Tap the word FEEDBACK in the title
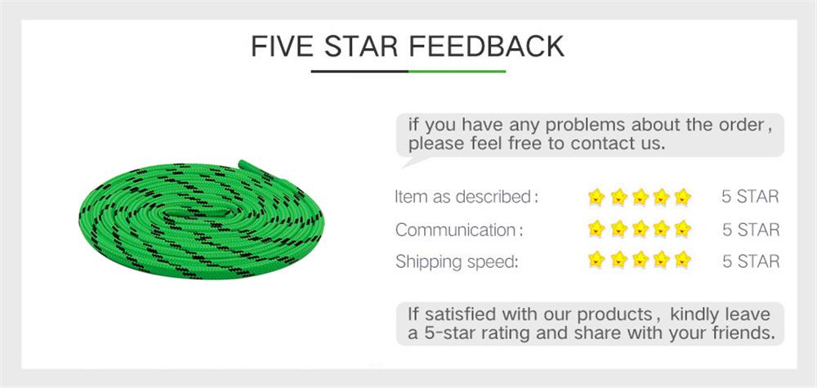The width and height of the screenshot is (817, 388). (x=486, y=46)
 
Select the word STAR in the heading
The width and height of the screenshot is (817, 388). (x=361, y=46)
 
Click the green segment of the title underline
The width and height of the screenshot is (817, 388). (x=457, y=72)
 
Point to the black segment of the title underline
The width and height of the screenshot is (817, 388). (x=359, y=72)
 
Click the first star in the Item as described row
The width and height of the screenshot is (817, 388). (x=596, y=196)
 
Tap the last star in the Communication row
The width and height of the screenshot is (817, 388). (x=683, y=229)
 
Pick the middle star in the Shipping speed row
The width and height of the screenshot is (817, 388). (x=640, y=261)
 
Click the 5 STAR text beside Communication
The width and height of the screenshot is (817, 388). (x=750, y=230)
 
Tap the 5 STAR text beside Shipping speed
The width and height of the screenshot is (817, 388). (x=750, y=261)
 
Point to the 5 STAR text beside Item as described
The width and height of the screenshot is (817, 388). (x=750, y=197)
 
